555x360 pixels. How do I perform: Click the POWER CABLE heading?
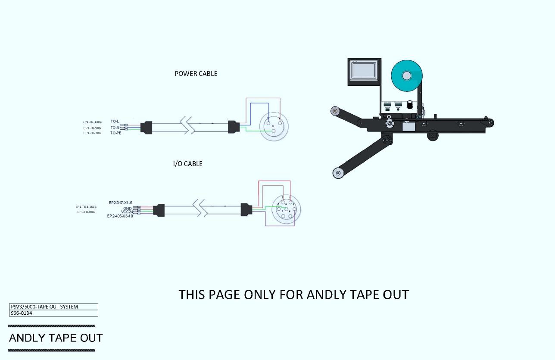[x=196, y=74]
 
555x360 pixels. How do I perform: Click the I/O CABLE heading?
[x=187, y=164]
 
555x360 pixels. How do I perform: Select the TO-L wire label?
[x=115, y=122]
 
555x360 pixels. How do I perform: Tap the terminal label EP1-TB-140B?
[x=92, y=122]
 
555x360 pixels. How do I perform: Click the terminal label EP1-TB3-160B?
[x=86, y=207]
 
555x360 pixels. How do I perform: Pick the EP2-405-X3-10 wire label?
[x=120, y=216]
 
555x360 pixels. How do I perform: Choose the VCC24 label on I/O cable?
[x=127, y=212]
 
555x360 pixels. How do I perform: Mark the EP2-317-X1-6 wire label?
[x=121, y=203]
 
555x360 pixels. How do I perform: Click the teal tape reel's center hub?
[x=407, y=76]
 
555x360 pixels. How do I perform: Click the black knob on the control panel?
[x=410, y=105]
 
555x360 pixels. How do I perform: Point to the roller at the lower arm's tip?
[x=338, y=173]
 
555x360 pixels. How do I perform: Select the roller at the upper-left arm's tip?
[x=335, y=111]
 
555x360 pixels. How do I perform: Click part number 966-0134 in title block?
[x=21, y=313]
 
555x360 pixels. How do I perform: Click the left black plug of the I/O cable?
[x=160, y=210]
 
